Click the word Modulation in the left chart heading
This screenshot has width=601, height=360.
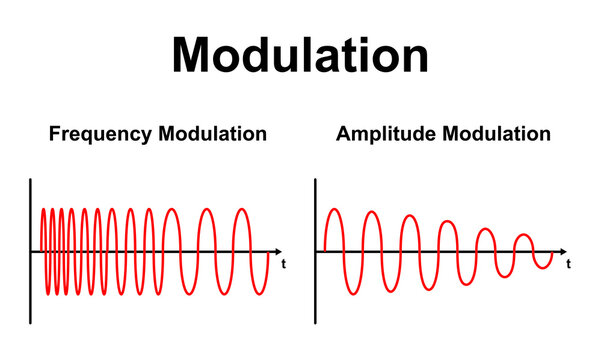[x=212, y=134]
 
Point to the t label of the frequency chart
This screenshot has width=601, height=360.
[x=285, y=264]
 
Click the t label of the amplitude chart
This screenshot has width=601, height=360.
[x=569, y=264]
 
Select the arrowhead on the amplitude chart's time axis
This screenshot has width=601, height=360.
[x=562, y=251]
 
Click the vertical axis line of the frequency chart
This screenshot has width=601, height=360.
[x=31, y=250]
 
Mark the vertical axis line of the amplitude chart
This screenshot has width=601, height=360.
[x=315, y=250]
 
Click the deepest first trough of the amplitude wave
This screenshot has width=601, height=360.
[x=352, y=294]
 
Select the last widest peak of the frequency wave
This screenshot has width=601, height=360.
[x=242, y=209]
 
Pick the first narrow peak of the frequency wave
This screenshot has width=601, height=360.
[x=43, y=209]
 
